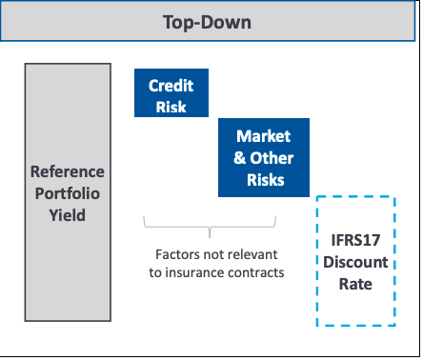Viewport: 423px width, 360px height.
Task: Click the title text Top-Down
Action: [207, 20]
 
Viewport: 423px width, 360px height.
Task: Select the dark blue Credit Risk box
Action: [171, 93]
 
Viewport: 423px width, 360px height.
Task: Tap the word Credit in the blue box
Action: [171, 85]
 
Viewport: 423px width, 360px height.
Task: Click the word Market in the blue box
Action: [263, 137]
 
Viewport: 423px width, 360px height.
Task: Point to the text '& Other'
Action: [264, 157]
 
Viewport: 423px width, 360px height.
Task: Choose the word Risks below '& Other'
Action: [264, 178]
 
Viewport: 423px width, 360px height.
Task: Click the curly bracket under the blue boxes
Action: [211, 225]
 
